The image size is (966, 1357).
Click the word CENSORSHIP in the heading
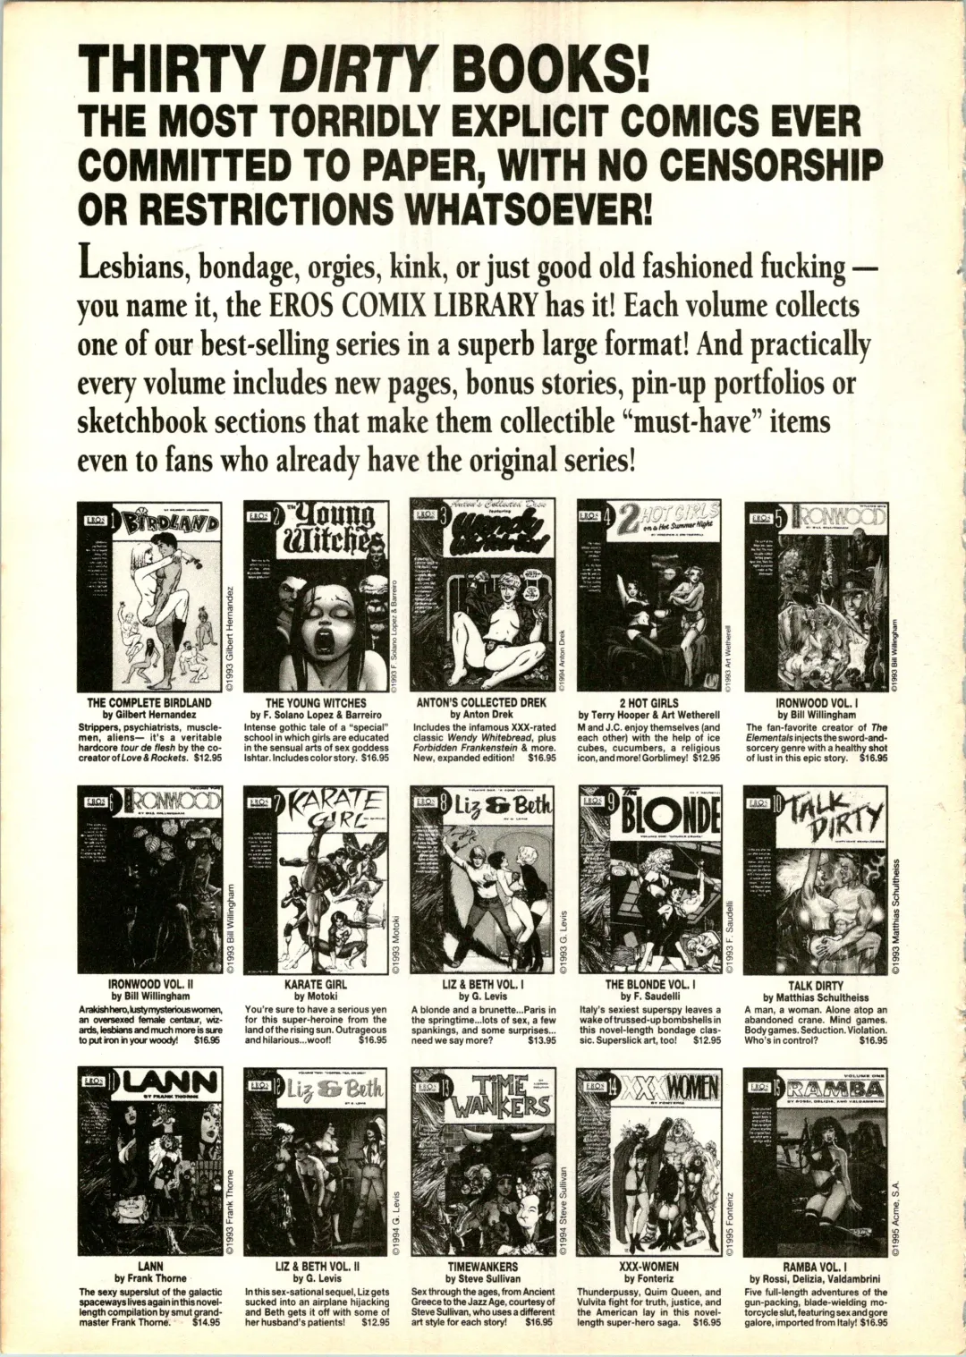point(772,165)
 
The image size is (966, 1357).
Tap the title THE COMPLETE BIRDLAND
point(149,703)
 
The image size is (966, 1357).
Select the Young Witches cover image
point(316,596)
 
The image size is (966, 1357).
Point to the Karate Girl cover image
point(316,880)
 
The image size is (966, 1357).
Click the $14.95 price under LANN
point(206,1321)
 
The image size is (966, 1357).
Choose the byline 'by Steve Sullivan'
point(483,1279)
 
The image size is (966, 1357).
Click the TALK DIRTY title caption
point(815,986)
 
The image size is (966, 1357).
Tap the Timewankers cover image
point(483,1162)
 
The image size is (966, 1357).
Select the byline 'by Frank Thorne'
point(150,1279)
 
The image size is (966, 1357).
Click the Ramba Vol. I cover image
point(815,1162)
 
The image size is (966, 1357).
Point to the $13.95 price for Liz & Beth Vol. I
point(541,1040)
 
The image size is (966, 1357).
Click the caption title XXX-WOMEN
point(648,1267)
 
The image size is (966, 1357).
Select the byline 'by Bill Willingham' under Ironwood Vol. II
point(150,996)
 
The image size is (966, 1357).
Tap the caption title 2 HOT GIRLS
point(648,703)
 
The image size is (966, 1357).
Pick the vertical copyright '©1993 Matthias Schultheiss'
point(896,912)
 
